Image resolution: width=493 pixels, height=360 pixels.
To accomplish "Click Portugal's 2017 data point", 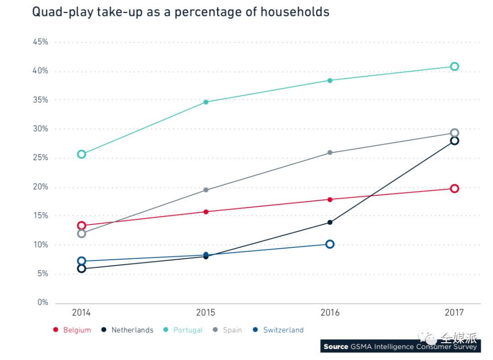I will (x=454, y=67).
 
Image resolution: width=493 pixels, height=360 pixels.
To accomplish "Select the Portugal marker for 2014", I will (x=82, y=154).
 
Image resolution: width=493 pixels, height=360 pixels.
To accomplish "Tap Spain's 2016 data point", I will (x=330, y=153).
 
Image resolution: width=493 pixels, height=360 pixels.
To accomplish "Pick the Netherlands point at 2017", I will (x=454, y=141).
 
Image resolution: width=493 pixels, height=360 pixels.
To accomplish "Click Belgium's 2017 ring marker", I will (x=454, y=188).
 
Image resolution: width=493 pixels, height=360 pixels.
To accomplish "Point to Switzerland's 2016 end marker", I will (x=330, y=244).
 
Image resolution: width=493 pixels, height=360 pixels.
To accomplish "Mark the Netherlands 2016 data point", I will (x=330, y=223).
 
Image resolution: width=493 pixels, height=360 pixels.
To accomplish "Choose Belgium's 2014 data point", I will (x=82, y=225).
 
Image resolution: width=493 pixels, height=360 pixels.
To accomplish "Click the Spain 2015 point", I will (x=206, y=190).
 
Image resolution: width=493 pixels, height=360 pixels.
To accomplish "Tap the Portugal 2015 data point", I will (x=206, y=102).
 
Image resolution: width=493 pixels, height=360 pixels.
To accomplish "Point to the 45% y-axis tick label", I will (x=40, y=42).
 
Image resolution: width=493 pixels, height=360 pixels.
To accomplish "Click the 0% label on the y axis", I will (x=42, y=303).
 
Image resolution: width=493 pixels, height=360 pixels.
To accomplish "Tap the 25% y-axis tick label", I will (x=40, y=158).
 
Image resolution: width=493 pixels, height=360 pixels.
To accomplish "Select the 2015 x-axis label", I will (x=206, y=313).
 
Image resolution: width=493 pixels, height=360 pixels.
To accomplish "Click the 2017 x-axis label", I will (x=454, y=313).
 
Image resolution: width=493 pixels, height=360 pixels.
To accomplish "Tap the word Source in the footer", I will (x=336, y=347).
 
